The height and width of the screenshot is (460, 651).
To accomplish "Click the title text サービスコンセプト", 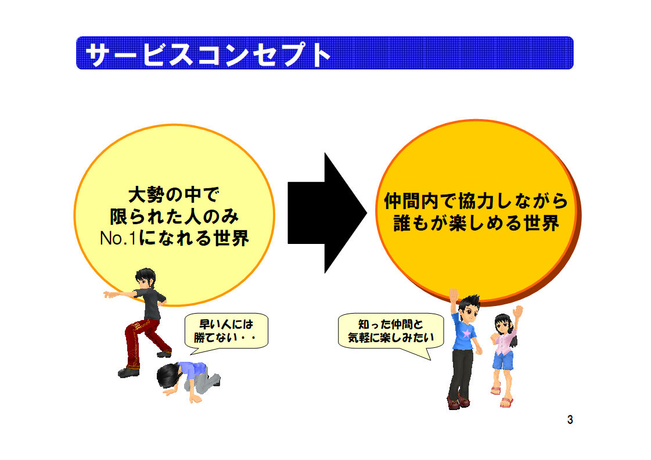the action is tap(207, 54).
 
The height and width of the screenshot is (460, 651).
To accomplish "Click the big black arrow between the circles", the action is tap(327, 213).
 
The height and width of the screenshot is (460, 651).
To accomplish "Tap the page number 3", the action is tap(570, 420).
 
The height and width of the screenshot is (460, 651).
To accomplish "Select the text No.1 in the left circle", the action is tap(118, 238).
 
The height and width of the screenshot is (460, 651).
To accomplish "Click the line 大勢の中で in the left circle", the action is tap(174, 195).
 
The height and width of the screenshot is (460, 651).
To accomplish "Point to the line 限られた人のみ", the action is tap(174, 216).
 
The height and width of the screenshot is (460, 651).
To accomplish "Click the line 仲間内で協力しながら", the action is tap(476, 201).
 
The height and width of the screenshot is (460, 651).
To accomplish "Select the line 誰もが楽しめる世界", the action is tap(476, 223).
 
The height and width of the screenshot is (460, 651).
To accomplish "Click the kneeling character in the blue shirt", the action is tap(189, 380).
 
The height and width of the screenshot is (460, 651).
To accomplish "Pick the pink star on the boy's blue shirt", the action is tap(468, 333).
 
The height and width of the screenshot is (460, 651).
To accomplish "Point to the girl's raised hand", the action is tap(517, 312).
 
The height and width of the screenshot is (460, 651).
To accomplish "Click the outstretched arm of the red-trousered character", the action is tap(120, 294).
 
